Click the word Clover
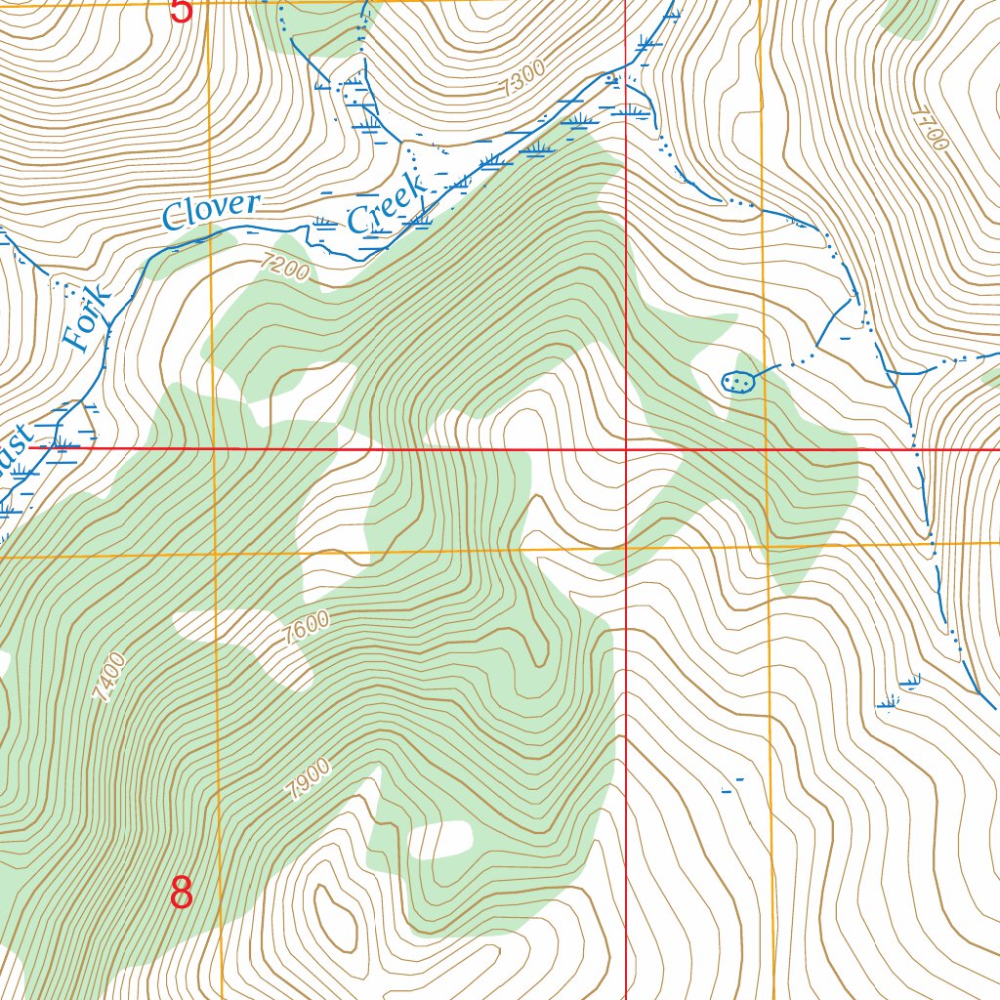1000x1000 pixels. [212, 211]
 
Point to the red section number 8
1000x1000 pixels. [182, 893]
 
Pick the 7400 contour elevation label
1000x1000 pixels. [109, 677]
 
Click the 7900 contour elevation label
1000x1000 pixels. [310, 779]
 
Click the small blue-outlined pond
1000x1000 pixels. [738, 382]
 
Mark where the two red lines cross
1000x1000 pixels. [625, 450]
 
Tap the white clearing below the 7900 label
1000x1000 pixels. [441, 838]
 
